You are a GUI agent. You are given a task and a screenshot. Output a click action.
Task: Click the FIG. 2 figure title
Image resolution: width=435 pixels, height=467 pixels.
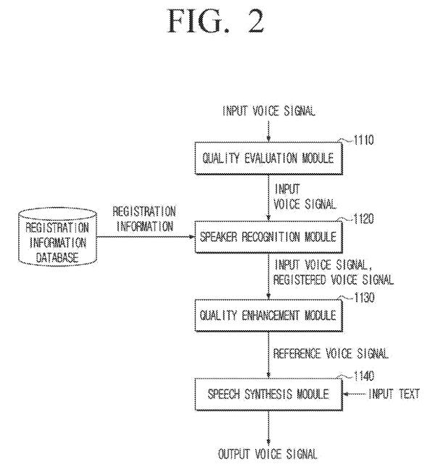pos(216,21)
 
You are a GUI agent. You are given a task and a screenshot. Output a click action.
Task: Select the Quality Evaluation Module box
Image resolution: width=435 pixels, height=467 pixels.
pos(268,158)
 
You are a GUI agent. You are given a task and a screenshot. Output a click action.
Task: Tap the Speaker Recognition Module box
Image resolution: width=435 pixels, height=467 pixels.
pos(268,237)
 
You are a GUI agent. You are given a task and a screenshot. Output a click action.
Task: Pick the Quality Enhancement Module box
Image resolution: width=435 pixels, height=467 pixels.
pos(268,316)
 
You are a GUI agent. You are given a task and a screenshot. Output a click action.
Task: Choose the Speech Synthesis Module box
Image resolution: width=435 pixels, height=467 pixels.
pos(268,395)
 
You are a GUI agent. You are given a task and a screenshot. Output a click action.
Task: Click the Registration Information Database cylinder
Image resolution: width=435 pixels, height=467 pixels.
pos(57,237)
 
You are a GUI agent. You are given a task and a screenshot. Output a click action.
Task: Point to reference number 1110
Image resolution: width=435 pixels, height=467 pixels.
pos(363,140)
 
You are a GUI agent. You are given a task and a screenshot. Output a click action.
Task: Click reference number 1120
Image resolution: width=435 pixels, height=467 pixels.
pos(363,219)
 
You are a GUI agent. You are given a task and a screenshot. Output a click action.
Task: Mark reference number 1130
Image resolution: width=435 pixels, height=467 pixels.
pos(364,298)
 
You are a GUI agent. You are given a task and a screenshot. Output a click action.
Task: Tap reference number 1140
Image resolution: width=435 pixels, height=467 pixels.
pos(363,376)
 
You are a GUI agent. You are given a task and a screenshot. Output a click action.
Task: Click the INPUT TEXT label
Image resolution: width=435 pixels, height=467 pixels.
pos(394,394)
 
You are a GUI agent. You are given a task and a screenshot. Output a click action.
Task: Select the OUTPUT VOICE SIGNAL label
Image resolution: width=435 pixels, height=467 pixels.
pos(268,454)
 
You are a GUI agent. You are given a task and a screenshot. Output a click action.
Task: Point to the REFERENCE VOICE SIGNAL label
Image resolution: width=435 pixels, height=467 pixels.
pos(331,353)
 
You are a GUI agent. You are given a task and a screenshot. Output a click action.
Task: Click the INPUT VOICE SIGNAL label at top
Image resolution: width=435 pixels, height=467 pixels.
pos(269,111)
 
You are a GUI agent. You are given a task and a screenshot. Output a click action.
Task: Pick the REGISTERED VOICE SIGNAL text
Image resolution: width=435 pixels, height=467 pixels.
pos(333,280)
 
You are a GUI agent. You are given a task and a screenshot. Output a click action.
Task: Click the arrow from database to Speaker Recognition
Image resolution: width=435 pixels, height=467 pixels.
pos(146,237)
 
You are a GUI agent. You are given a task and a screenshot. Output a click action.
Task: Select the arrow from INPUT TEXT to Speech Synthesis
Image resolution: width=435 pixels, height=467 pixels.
pos(355,395)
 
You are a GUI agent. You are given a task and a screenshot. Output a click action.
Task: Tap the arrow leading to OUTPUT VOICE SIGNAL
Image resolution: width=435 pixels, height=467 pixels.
pos(268,428)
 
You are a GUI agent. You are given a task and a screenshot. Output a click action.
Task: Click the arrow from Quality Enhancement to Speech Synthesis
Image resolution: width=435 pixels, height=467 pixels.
pos(268,355)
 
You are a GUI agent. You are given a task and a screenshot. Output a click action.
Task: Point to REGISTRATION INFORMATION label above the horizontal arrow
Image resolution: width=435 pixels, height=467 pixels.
pos(144,219)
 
